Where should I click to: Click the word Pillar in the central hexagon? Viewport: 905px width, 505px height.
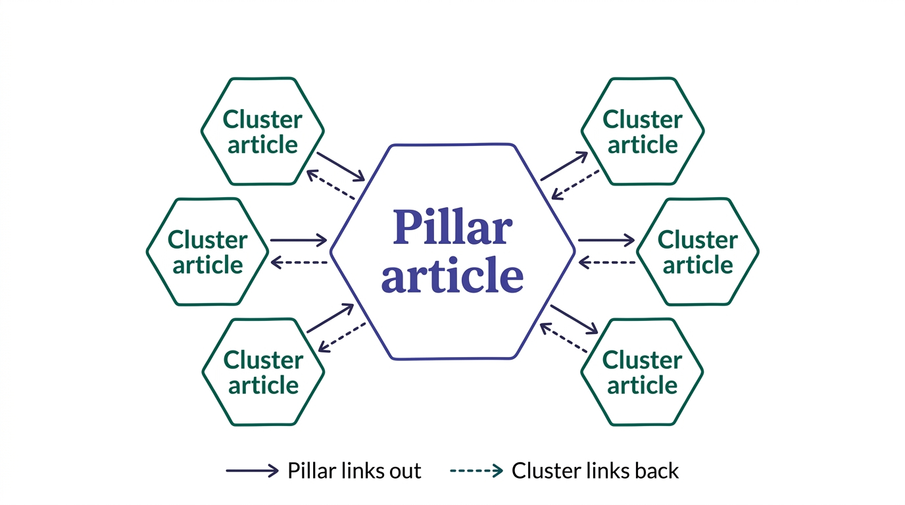pyautogui.click(x=452, y=228)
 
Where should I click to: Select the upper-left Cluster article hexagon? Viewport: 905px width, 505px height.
pyautogui.click(x=262, y=132)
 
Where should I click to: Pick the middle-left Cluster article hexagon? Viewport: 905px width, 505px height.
pyautogui.click(x=207, y=252)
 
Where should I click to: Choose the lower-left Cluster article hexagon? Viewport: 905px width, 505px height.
pyautogui.click(x=263, y=372)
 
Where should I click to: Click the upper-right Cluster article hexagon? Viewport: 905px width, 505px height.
pyautogui.click(x=643, y=132)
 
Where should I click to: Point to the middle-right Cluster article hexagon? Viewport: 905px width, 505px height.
pyautogui.click(x=698, y=252)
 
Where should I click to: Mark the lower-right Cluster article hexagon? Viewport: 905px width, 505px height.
pyautogui.click(x=642, y=372)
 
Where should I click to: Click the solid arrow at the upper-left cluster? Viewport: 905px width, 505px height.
pyautogui.click(x=341, y=167)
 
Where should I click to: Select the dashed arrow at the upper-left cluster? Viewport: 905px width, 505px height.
pyautogui.click(x=331, y=185)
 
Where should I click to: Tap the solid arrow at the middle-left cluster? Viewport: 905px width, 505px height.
pyautogui.click(x=299, y=240)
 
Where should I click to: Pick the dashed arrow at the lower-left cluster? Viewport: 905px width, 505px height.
pyautogui.click(x=342, y=337)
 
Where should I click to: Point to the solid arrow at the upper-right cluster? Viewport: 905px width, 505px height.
pyautogui.click(x=564, y=166)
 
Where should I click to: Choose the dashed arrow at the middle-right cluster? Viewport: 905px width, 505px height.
pyautogui.click(x=607, y=263)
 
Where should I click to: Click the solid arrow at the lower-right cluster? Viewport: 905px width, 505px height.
pyautogui.click(x=574, y=319)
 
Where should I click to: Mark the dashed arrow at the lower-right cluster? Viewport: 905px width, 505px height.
pyautogui.click(x=563, y=338)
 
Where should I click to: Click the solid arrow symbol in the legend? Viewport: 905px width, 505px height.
pyautogui.click(x=252, y=471)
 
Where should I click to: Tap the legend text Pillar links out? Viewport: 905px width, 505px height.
pyautogui.click(x=355, y=471)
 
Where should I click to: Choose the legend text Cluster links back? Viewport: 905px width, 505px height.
pyautogui.click(x=595, y=471)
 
